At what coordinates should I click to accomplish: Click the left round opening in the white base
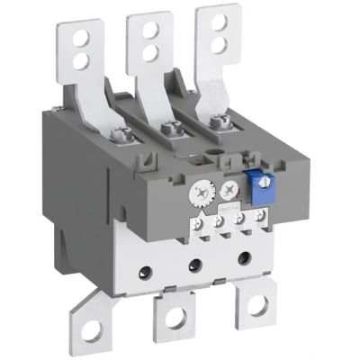point(143,267)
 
